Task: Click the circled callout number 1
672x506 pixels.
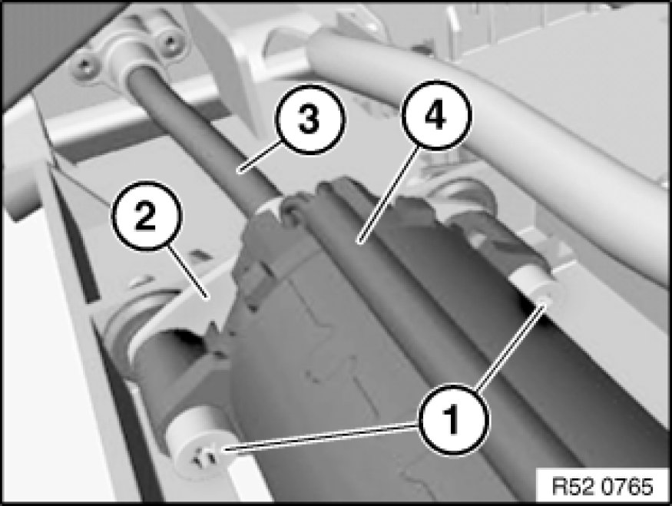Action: pos(453,419)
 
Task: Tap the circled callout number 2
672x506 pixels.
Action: pos(146,216)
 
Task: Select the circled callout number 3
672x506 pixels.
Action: pos(309,119)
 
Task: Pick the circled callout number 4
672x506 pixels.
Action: pos(436,116)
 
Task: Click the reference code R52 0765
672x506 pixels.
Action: pos(604,487)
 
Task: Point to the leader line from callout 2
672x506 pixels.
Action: pos(187,272)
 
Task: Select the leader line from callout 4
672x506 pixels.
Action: pos(389,195)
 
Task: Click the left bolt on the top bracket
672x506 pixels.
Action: pos(86,65)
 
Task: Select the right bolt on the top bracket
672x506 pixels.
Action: pos(170,41)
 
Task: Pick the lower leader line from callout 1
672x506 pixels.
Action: pos(320,435)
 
